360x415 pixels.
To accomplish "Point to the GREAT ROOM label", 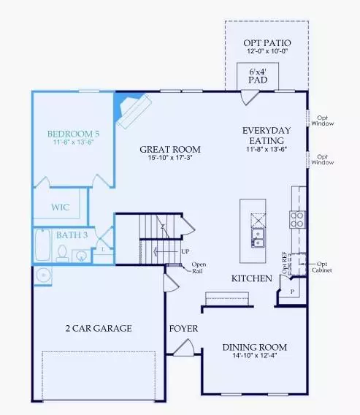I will (x=170, y=150).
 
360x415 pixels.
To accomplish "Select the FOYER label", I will (x=183, y=329).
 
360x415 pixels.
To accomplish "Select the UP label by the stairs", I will (x=185, y=251).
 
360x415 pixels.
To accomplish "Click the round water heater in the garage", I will (x=42, y=275).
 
